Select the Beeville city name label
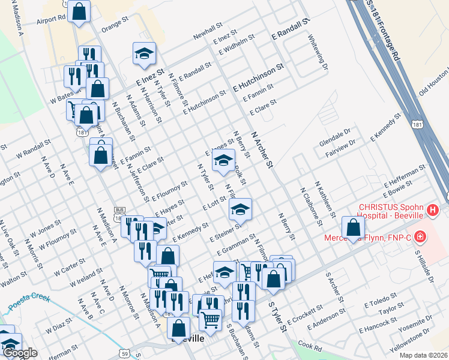(188, 339)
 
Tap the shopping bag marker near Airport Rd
(79, 10)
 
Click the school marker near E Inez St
(144, 53)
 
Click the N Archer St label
(263, 150)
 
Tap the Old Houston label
(433, 86)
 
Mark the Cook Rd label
(310, 346)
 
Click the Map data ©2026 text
(423, 355)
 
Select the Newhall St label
(208, 32)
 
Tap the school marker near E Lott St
(240, 208)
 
